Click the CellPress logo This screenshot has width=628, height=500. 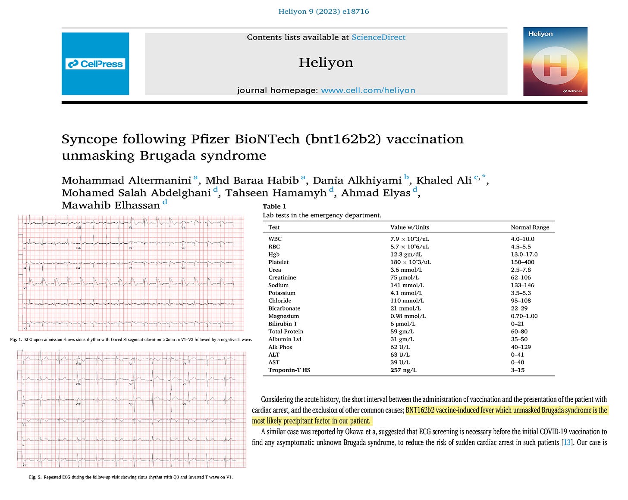95,64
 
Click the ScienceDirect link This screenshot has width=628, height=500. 378,37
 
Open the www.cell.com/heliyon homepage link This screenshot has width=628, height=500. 368,90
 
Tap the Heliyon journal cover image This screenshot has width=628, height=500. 555,62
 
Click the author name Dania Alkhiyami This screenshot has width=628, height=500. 357,180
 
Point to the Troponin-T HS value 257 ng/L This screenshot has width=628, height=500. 403,370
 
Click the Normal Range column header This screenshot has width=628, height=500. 530,227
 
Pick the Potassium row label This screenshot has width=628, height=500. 282,293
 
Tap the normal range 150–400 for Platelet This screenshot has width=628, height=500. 522,262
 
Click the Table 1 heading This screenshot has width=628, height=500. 274,206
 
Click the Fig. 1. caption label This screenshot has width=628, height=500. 16,340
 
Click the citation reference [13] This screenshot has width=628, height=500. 567,442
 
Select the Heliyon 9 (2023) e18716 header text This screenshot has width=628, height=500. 323,12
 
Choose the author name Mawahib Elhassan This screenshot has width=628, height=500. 110,205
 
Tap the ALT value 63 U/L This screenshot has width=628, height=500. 400,354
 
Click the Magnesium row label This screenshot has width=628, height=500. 283,316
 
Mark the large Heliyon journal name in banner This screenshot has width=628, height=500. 326,63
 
